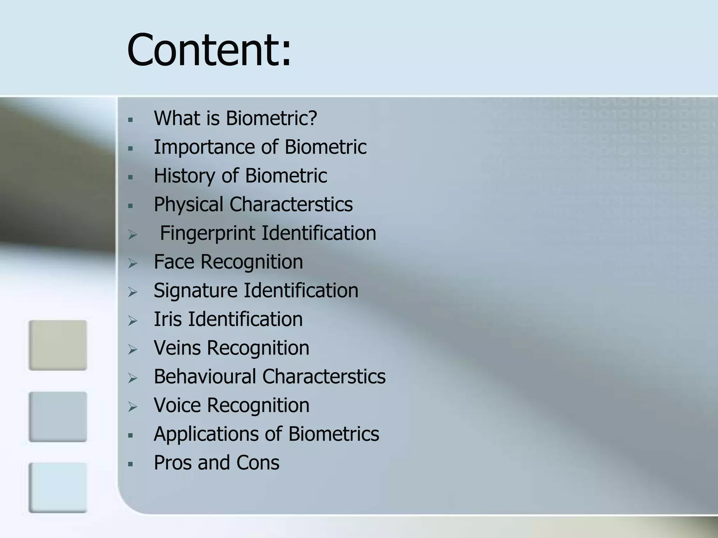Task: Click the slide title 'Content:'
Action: coord(209,50)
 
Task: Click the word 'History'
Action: coord(184,176)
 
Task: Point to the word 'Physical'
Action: coord(188,205)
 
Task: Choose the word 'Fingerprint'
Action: coord(207,233)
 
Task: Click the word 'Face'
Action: coord(174,262)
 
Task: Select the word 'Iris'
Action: coord(168,319)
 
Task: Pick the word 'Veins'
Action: coord(177,348)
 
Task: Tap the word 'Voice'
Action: coord(177,405)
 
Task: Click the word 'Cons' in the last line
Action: coord(258,463)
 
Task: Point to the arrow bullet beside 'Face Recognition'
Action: coord(133,263)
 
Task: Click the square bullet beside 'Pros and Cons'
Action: coord(131,464)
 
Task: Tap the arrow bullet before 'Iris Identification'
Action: coord(133,321)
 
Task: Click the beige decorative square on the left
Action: coord(58,345)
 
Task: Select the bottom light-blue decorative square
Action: coord(58,488)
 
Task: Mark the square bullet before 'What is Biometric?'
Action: coord(131,120)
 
